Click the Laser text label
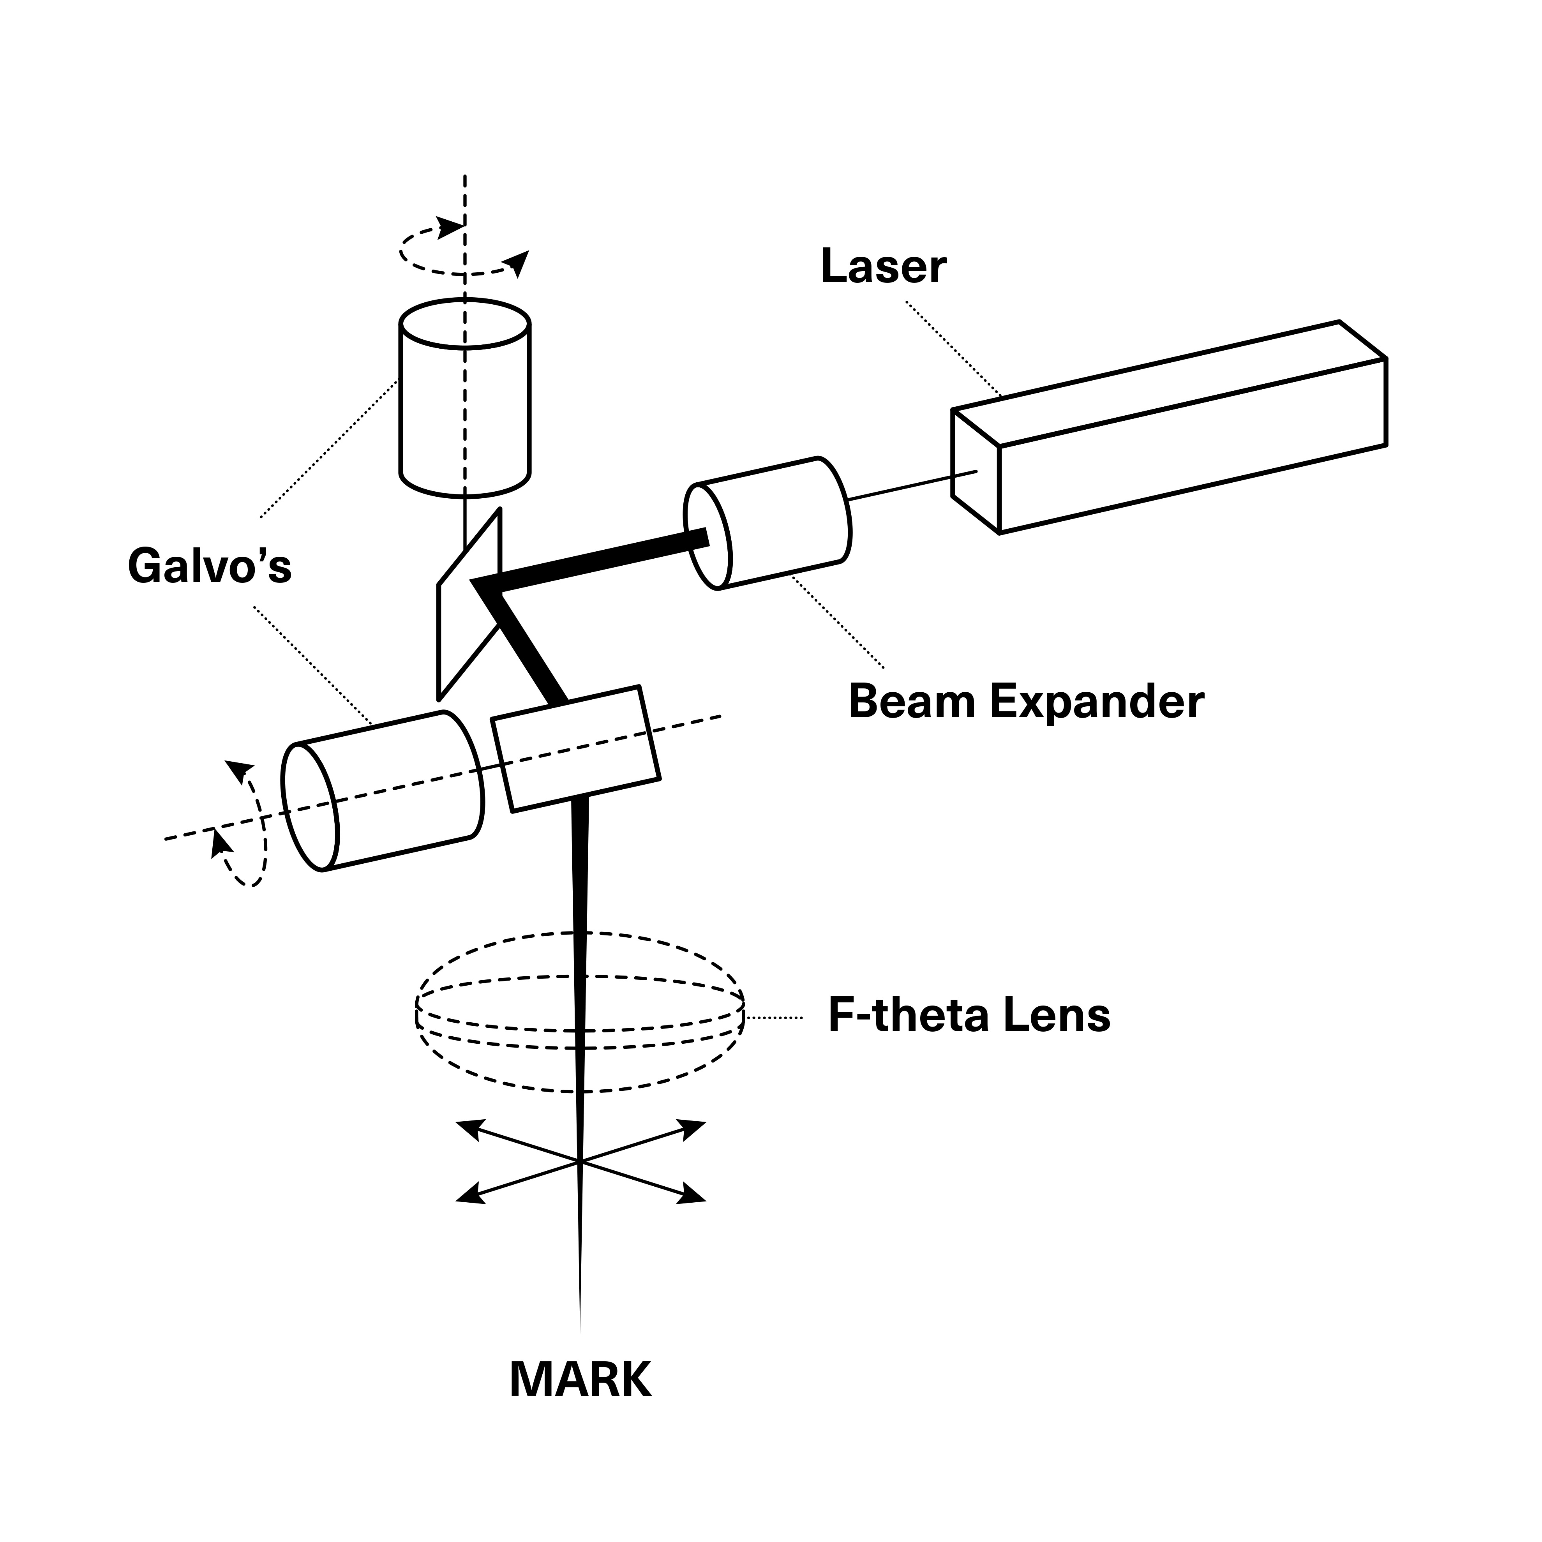pos(883,267)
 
